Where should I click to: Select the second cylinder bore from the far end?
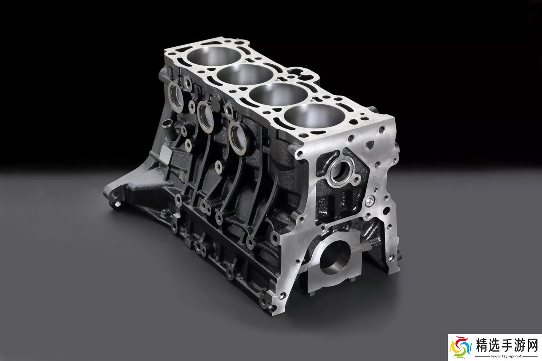[245, 75]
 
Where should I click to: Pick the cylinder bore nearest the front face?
[315, 117]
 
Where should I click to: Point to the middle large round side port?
[206, 117]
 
